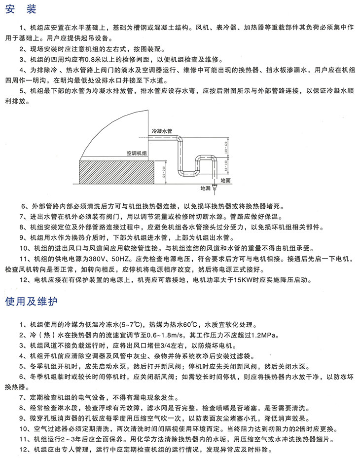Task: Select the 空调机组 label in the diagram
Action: coord(137,154)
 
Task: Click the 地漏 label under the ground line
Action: coord(205,189)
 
